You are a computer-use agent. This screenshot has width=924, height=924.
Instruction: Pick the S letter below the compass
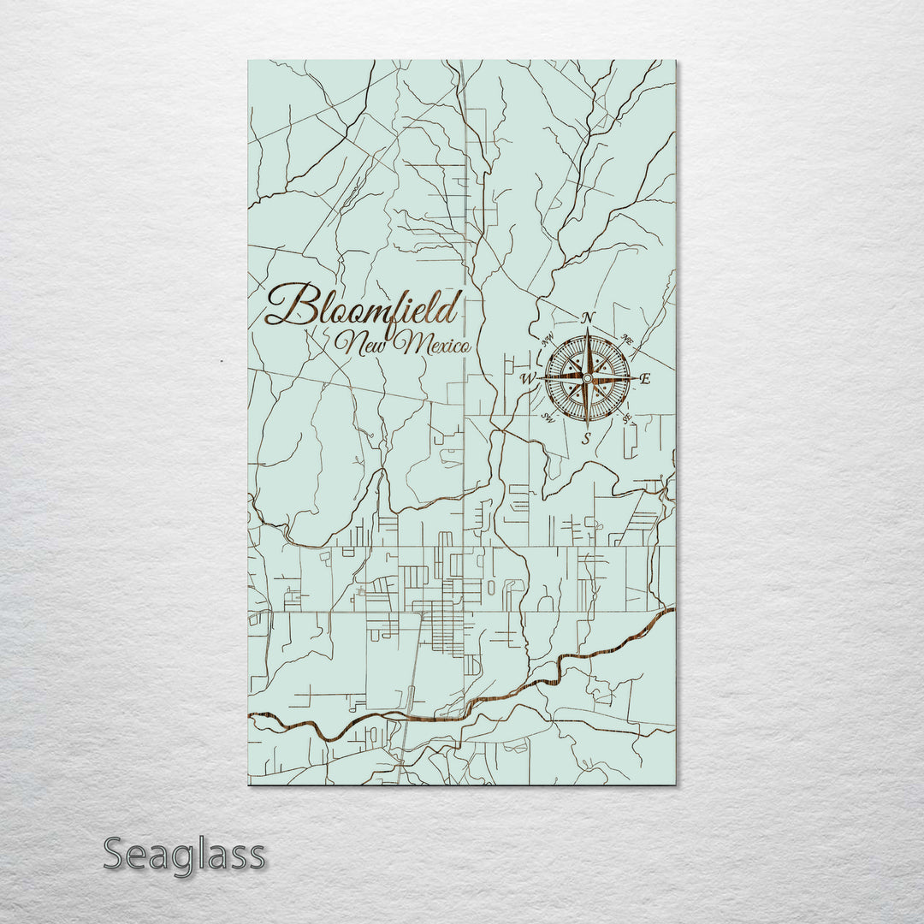pyautogui.click(x=586, y=438)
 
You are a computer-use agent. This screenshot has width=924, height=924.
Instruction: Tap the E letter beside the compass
pyautogui.click(x=645, y=379)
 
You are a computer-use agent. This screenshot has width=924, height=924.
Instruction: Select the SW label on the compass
pyautogui.click(x=548, y=418)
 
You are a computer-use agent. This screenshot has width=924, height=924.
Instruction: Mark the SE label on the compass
pyautogui.click(x=627, y=418)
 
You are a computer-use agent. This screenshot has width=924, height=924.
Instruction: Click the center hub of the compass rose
pyautogui.click(x=587, y=377)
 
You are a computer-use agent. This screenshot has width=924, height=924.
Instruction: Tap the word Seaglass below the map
pyautogui.click(x=184, y=854)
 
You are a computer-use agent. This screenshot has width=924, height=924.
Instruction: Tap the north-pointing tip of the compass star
pyautogui.click(x=588, y=329)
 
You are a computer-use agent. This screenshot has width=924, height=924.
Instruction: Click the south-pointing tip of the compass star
pyautogui.click(x=587, y=426)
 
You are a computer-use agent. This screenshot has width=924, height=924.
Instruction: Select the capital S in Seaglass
pyautogui.click(x=116, y=854)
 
